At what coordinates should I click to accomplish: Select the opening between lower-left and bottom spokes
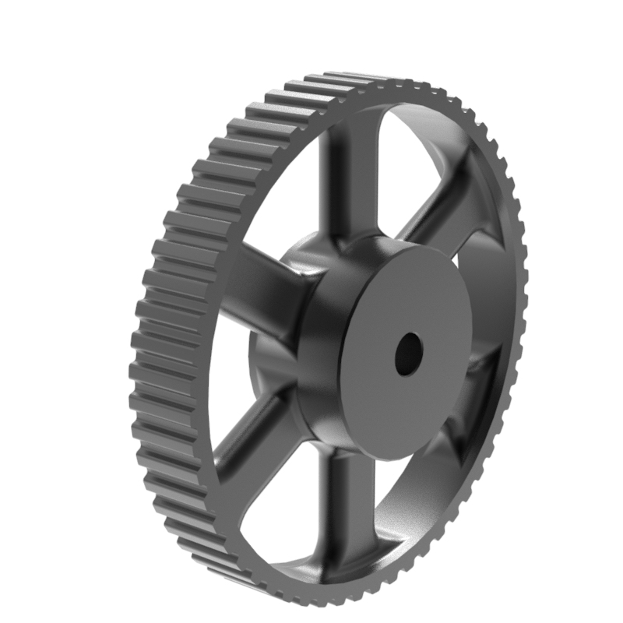[280, 498]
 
